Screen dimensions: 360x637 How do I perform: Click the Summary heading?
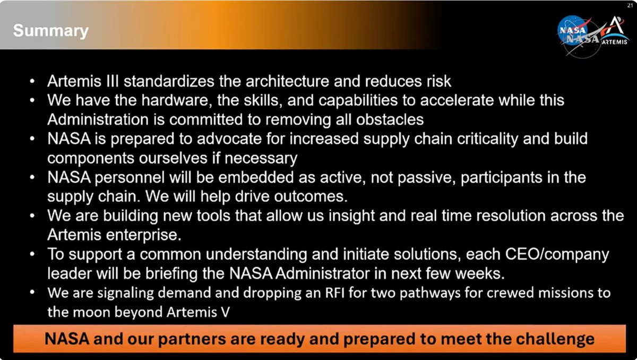(50, 30)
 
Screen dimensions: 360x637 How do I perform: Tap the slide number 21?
(630, 5)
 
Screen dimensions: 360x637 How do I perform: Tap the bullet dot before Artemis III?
(33, 82)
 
